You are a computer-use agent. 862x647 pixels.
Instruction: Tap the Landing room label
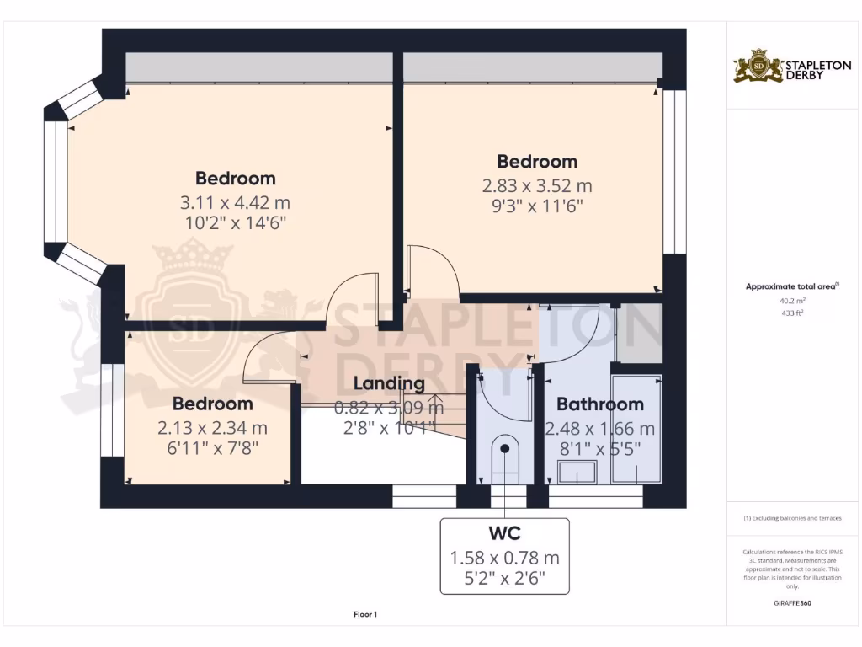388,384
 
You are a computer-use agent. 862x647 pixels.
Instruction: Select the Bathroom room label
599,404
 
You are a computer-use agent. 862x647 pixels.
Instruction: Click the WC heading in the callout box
504,534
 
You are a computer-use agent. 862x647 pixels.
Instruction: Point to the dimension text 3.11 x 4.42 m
235,203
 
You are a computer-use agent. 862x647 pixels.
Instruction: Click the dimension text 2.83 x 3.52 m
537,186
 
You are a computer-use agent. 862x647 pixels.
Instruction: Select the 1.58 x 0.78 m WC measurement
504,558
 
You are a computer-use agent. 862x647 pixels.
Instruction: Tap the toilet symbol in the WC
505,457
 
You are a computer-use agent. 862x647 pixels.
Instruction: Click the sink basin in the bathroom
581,473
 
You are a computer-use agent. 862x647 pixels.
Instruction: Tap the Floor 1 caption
365,614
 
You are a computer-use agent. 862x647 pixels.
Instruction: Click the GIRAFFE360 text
791,603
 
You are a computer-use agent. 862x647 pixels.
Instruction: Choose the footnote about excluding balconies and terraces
791,518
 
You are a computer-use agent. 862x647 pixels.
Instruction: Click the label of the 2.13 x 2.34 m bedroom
212,404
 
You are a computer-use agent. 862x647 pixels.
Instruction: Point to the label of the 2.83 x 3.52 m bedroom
537,162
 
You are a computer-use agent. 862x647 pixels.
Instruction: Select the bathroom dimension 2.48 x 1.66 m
599,429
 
